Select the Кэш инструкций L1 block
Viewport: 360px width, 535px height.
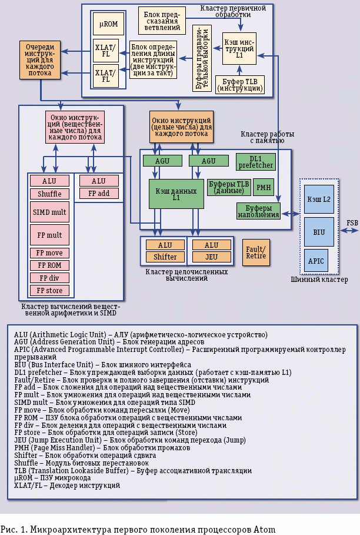click(x=239, y=48)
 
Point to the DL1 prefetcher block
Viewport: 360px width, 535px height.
click(x=255, y=162)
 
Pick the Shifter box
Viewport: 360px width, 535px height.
click(x=165, y=257)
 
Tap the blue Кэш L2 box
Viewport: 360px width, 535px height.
click(x=319, y=200)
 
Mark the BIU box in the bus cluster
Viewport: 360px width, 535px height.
click(x=319, y=232)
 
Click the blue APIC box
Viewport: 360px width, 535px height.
click(x=316, y=260)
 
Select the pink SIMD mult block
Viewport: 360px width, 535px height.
click(x=49, y=211)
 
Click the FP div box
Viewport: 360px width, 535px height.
click(x=49, y=278)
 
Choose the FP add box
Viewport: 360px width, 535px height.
click(x=99, y=193)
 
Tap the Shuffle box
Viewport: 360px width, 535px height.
click(x=49, y=194)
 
